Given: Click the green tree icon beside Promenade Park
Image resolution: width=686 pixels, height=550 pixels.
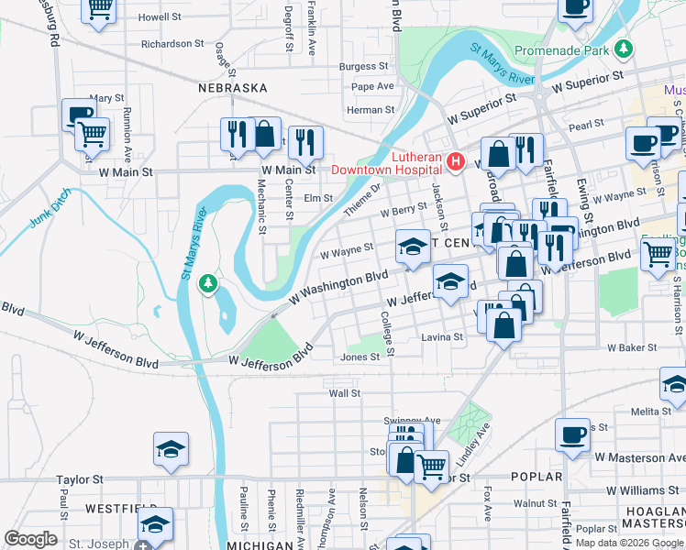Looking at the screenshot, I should coord(624,47).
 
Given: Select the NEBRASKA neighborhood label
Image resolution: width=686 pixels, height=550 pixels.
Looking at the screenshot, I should coord(232,88).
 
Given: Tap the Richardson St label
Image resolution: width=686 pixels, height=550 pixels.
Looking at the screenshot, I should coord(172,43).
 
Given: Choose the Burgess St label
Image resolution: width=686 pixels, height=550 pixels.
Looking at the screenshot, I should coord(363,66).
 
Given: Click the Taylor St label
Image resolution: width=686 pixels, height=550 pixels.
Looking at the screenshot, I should coord(79,479).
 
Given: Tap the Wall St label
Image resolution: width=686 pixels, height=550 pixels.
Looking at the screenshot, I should coord(345,393).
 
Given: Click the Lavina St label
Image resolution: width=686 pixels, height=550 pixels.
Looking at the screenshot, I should coord(442,337).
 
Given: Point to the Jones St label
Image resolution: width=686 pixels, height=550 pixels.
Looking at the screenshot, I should coord(360,357).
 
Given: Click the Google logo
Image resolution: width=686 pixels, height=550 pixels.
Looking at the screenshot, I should coord(31,539).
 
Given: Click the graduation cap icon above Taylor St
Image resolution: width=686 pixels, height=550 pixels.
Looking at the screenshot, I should coord(170,449).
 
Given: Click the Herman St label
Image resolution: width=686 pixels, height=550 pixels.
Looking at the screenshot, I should coord(371,110).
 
